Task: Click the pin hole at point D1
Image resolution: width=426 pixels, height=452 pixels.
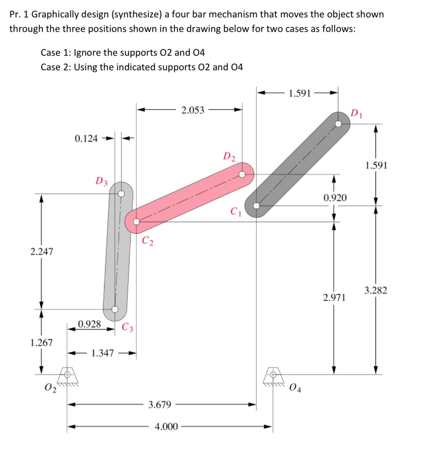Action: click(x=338, y=124)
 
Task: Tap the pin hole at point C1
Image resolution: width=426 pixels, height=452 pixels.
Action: click(x=257, y=206)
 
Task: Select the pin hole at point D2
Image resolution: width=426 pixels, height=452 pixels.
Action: click(x=242, y=174)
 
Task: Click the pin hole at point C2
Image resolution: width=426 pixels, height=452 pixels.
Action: click(x=136, y=221)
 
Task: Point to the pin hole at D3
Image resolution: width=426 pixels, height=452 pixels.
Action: click(x=122, y=194)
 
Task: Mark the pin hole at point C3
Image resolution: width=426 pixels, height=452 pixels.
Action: click(x=115, y=309)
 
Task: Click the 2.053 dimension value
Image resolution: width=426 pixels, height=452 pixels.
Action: click(x=193, y=110)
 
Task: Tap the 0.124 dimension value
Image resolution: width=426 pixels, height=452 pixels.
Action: click(x=86, y=138)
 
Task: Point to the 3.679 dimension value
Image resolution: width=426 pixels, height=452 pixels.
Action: click(x=160, y=404)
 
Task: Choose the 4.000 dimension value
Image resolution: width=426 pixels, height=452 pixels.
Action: click(x=166, y=427)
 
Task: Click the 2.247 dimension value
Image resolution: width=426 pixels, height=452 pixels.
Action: click(x=42, y=252)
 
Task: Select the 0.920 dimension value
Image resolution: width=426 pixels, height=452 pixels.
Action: click(x=335, y=198)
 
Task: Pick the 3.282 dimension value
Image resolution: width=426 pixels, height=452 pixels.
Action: click(x=375, y=290)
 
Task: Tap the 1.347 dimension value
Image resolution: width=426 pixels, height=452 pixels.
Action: click(x=102, y=353)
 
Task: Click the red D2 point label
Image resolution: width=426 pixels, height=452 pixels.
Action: click(x=229, y=156)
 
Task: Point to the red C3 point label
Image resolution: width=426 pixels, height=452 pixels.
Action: click(x=127, y=327)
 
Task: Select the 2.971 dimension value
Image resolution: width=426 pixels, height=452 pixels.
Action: click(x=334, y=298)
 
